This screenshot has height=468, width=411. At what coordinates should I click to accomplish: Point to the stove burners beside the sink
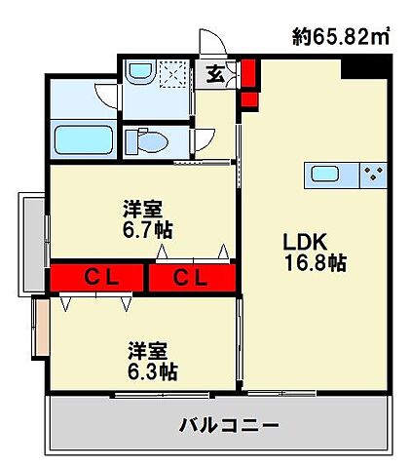pos(372,175)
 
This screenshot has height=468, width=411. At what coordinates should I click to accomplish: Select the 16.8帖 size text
pos(314,262)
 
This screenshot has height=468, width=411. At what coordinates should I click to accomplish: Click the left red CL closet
pos(99,278)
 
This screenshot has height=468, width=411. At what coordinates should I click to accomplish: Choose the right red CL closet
pos(192,278)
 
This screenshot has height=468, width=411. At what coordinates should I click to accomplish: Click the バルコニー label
pos(229,425)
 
